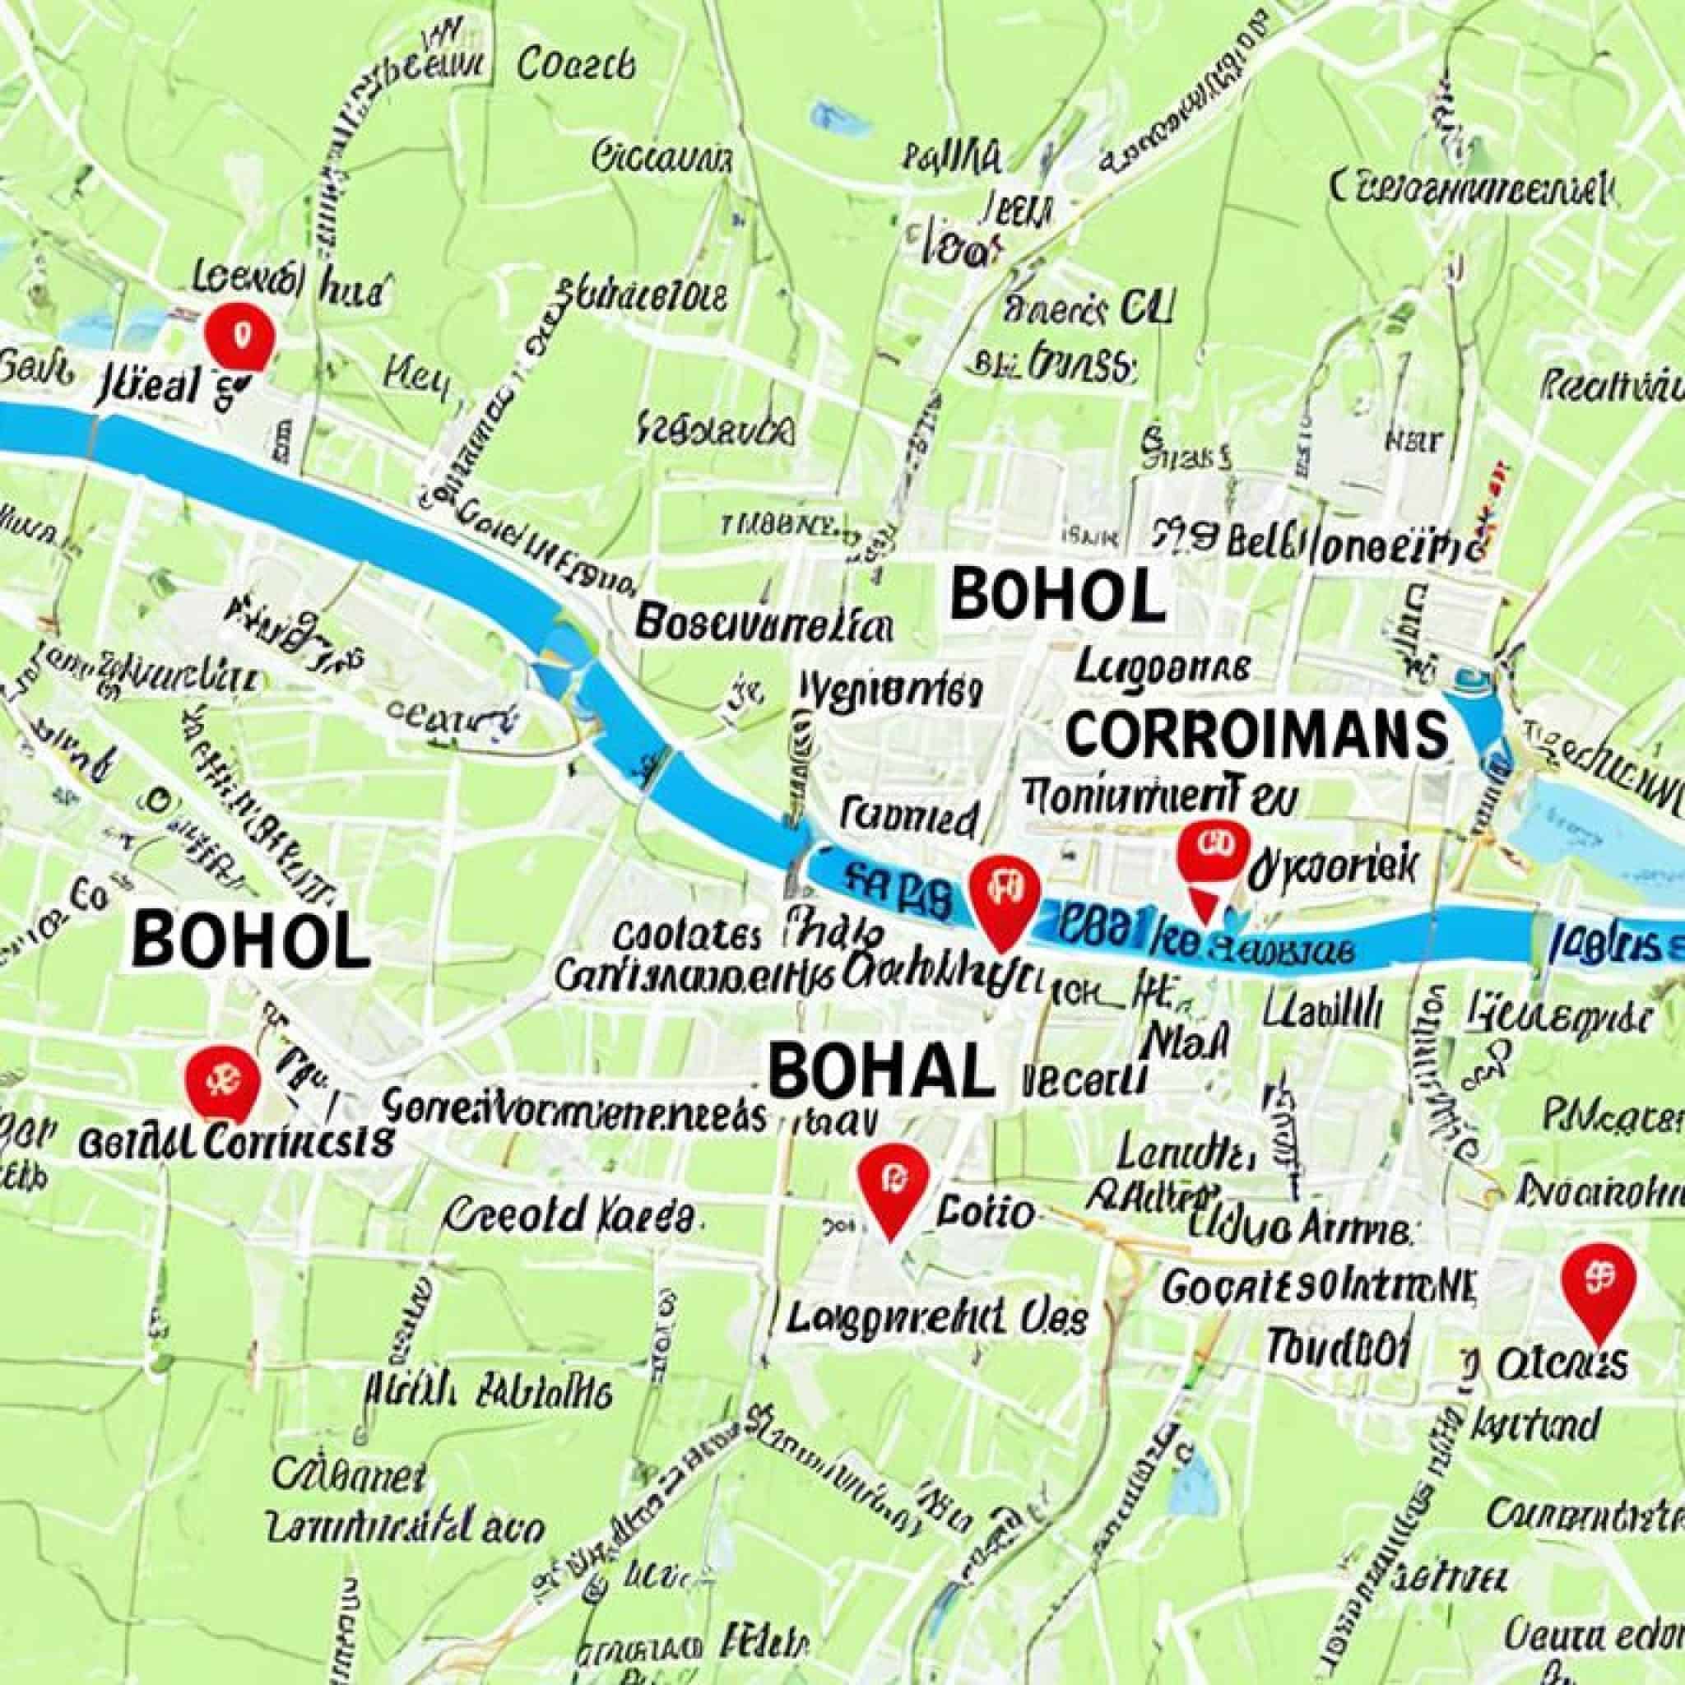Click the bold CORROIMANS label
pyautogui.click(x=1255, y=733)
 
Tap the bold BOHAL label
pyautogui.click(x=881, y=1072)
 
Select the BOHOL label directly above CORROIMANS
pyautogui.click(x=1057, y=595)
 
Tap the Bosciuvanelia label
pyautogui.click(x=764, y=624)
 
